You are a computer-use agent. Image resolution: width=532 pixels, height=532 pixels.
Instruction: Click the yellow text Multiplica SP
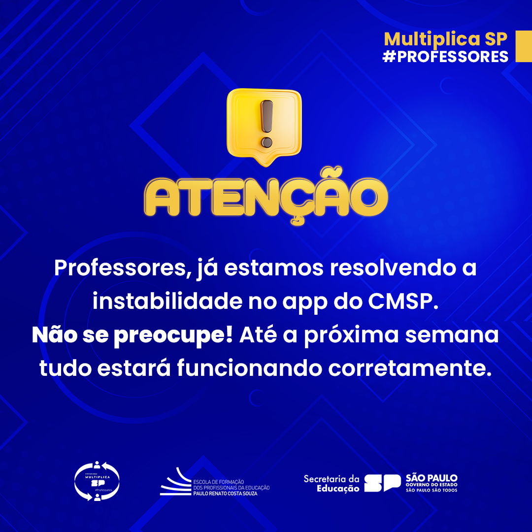(445, 39)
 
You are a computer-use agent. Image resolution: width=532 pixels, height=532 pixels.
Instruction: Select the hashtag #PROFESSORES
(445, 56)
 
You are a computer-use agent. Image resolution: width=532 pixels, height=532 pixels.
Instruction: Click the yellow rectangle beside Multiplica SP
(523, 46)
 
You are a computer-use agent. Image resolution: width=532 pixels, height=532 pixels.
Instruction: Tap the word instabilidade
(165, 302)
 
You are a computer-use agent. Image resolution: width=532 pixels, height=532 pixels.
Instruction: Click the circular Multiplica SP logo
(97, 481)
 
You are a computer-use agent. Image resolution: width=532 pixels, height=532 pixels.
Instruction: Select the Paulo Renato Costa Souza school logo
(215, 482)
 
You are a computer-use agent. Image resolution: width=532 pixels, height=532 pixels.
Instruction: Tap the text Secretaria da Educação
(332, 483)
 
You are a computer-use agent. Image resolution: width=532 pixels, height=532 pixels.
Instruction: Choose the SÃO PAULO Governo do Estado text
(432, 483)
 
